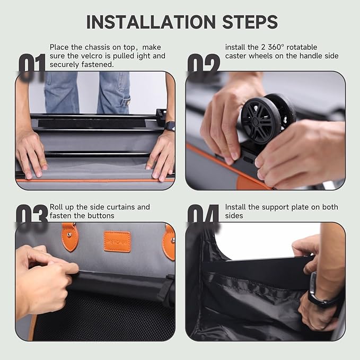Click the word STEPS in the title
(247, 22)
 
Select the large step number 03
(32, 218)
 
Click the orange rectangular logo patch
(117, 241)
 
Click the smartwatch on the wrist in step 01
(169, 126)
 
